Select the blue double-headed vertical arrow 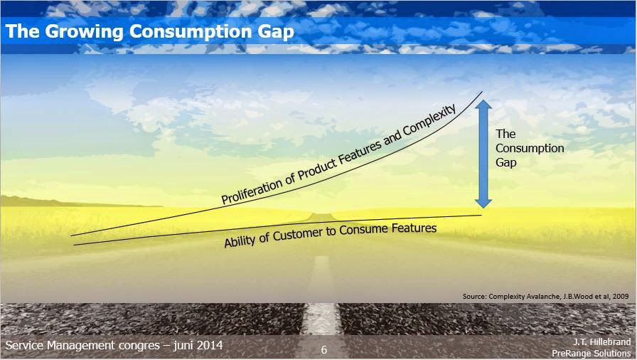483,154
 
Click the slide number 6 324,350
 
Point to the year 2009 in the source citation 621,294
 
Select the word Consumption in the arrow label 530,148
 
